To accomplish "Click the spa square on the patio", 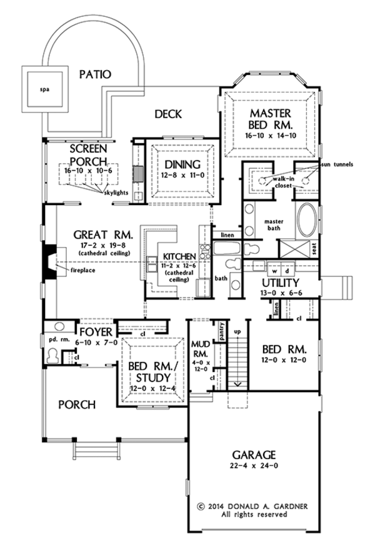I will [x=44, y=88].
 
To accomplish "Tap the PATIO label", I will [x=96, y=74].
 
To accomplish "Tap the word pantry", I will [x=221, y=330].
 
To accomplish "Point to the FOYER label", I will [x=96, y=331].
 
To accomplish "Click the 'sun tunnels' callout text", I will [x=337, y=164].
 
